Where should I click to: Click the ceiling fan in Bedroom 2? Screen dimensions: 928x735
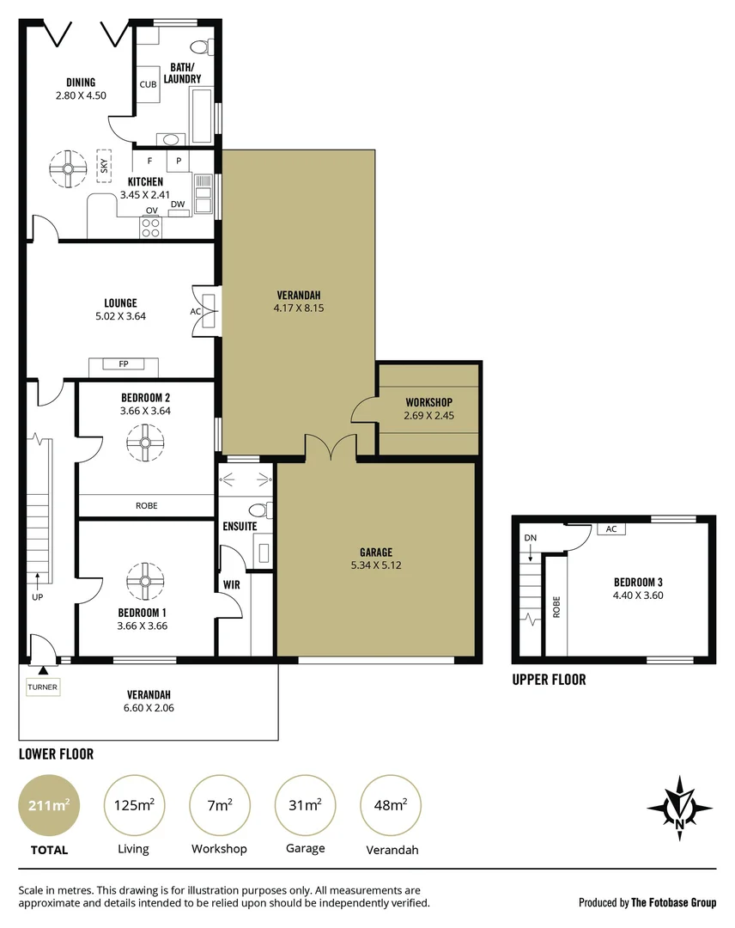(145, 443)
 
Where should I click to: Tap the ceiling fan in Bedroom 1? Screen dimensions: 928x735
(145, 582)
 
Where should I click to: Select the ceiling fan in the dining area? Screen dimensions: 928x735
(68, 168)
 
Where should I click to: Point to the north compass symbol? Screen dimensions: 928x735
(679, 809)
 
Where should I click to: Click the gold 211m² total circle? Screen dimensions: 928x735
(49, 804)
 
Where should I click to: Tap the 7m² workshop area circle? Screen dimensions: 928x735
(220, 804)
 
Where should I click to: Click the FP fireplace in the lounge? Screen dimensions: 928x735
(124, 365)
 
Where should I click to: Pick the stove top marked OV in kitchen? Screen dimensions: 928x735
(152, 227)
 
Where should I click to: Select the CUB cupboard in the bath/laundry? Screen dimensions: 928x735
(147, 84)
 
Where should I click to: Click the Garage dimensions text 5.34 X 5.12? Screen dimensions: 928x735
(376, 565)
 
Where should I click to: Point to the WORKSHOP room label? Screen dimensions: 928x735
(428, 402)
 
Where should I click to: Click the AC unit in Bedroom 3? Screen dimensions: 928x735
(611, 528)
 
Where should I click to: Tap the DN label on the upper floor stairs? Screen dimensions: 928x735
(529, 538)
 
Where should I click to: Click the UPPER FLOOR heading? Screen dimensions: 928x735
(549, 680)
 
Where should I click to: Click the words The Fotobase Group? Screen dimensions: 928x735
(673, 902)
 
